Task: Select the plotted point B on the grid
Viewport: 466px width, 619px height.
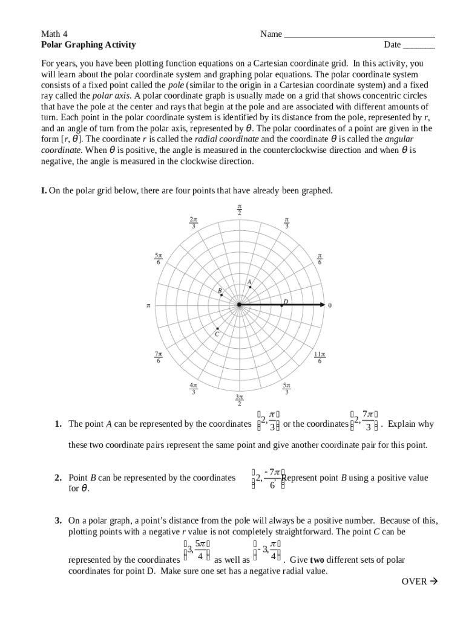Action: click(222, 295)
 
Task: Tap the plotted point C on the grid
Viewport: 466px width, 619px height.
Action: click(218, 328)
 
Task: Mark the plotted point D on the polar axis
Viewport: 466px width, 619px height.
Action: click(281, 305)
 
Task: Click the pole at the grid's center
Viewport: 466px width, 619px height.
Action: click(239, 305)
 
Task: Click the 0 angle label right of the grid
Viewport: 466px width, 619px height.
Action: click(330, 306)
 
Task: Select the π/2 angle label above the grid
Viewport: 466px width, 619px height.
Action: click(239, 210)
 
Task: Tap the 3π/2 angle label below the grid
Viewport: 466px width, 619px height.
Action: click(239, 400)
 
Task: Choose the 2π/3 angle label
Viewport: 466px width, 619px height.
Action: click(193, 222)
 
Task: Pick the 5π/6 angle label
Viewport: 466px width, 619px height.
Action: click(158, 259)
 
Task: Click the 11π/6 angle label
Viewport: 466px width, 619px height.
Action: click(320, 357)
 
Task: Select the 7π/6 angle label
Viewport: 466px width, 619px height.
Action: click(158, 357)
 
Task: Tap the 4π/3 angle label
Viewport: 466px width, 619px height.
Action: click(193, 388)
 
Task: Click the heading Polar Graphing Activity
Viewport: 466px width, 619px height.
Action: click(88, 45)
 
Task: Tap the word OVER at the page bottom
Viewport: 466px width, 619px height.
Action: click(414, 582)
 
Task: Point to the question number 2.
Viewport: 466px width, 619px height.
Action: click(57, 478)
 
